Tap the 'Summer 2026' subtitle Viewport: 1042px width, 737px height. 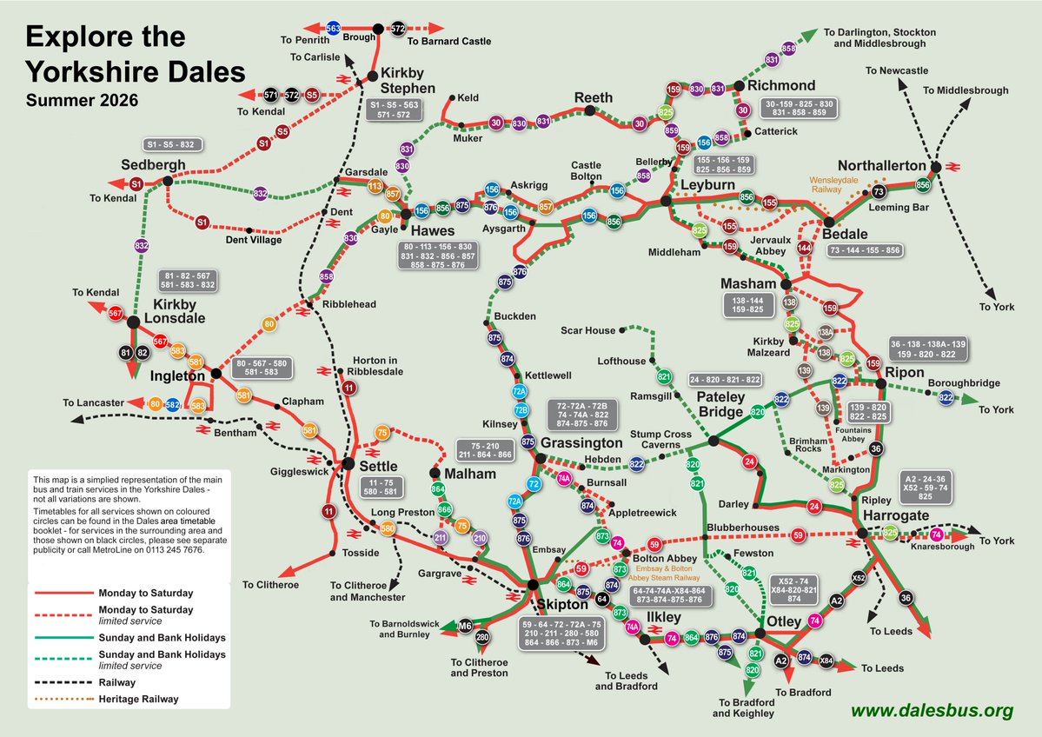coord(82,100)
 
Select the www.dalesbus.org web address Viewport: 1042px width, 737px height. coord(932,710)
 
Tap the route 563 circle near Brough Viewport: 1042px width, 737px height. coord(333,29)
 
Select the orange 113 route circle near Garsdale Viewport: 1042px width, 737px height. coord(375,186)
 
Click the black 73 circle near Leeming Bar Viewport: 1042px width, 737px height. coord(879,191)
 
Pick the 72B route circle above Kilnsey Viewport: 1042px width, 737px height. coord(521,410)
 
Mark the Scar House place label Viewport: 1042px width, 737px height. coord(587,330)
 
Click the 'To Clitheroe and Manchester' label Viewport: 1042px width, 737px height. coord(368,592)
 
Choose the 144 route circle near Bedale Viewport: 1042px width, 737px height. coord(804,249)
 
